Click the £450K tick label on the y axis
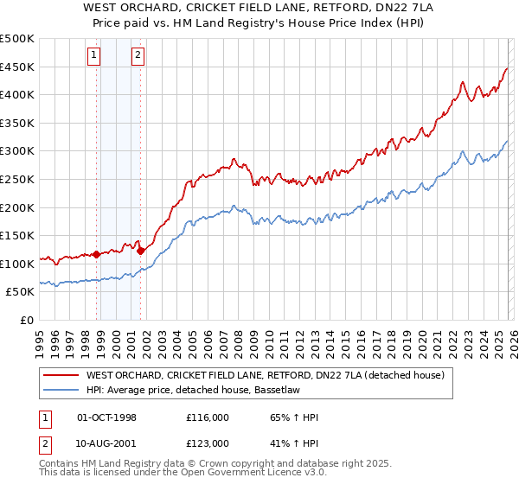[x=17, y=67]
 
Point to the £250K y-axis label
[x=17, y=179]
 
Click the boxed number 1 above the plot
[x=94, y=57]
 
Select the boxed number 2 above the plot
[x=138, y=57]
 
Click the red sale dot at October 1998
[x=96, y=254]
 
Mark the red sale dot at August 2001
[x=140, y=251]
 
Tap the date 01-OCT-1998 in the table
[x=106, y=417]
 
